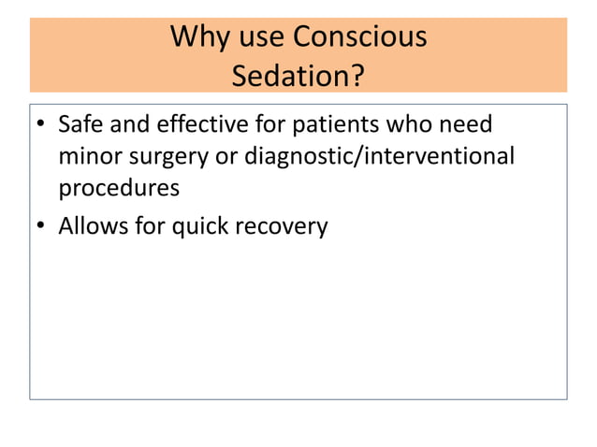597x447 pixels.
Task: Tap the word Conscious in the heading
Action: (x=359, y=37)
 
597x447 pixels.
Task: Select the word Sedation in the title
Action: (x=292, y=74)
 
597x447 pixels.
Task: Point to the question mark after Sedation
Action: (x=357, y=74)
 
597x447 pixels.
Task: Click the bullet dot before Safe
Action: (x=40, y=126)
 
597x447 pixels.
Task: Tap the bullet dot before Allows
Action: (x=40, y=226)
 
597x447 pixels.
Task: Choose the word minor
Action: (x=89, y=156)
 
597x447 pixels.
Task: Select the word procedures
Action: (x=119, y=188)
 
